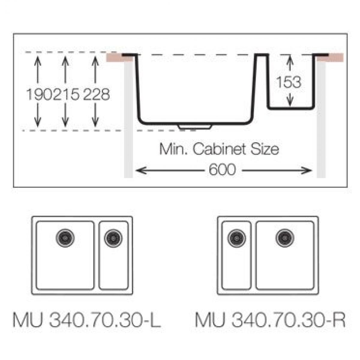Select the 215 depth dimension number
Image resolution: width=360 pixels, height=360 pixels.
point(66,94)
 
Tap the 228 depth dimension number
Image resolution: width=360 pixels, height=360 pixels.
point(96,94)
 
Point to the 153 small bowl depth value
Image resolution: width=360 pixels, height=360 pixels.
point(289,82)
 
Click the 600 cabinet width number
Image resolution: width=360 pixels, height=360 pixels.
point(222,169)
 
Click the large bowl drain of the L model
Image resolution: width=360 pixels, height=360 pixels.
point(65,238)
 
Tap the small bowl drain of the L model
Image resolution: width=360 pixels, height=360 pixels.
point(113,238)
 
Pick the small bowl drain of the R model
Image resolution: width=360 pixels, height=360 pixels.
point(237,238)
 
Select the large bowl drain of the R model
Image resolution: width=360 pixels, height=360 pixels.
point(285,238)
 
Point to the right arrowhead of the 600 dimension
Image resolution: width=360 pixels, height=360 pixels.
point(307,170)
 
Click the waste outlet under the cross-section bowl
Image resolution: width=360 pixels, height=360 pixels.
point(195,127)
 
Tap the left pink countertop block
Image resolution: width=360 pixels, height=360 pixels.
point(120,58)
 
